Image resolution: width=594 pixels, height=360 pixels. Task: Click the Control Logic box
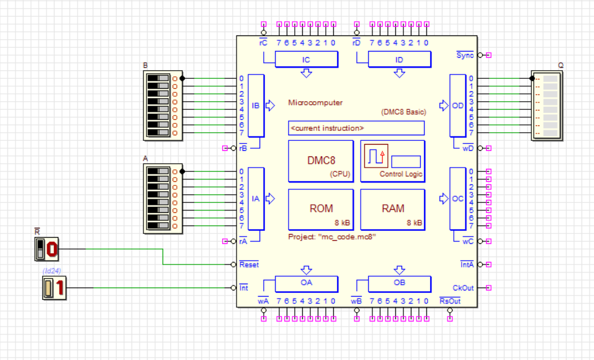click(392, 161)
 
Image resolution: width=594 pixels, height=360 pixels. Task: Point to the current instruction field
click(356, 128)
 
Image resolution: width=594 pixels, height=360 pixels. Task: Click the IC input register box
click(306, 60)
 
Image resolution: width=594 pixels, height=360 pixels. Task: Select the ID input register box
click(399, 60)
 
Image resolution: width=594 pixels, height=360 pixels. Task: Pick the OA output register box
click(306, 284)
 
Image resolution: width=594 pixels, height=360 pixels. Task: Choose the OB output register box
click(399, 284)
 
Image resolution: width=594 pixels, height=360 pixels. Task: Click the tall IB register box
click(256, 106)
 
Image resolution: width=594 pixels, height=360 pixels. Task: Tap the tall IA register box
click(256, 199)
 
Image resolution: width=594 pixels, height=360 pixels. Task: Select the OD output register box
click(457, 106)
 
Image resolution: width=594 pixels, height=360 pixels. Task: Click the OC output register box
click(457, 199)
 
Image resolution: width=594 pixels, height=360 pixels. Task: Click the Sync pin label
click(465, 55)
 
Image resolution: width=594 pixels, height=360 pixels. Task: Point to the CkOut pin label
click(464, 287)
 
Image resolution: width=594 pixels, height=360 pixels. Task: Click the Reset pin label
click(249, 264)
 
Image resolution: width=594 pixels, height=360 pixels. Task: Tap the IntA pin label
click(466, 264)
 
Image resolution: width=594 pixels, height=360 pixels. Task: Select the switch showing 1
click(53, 288)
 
